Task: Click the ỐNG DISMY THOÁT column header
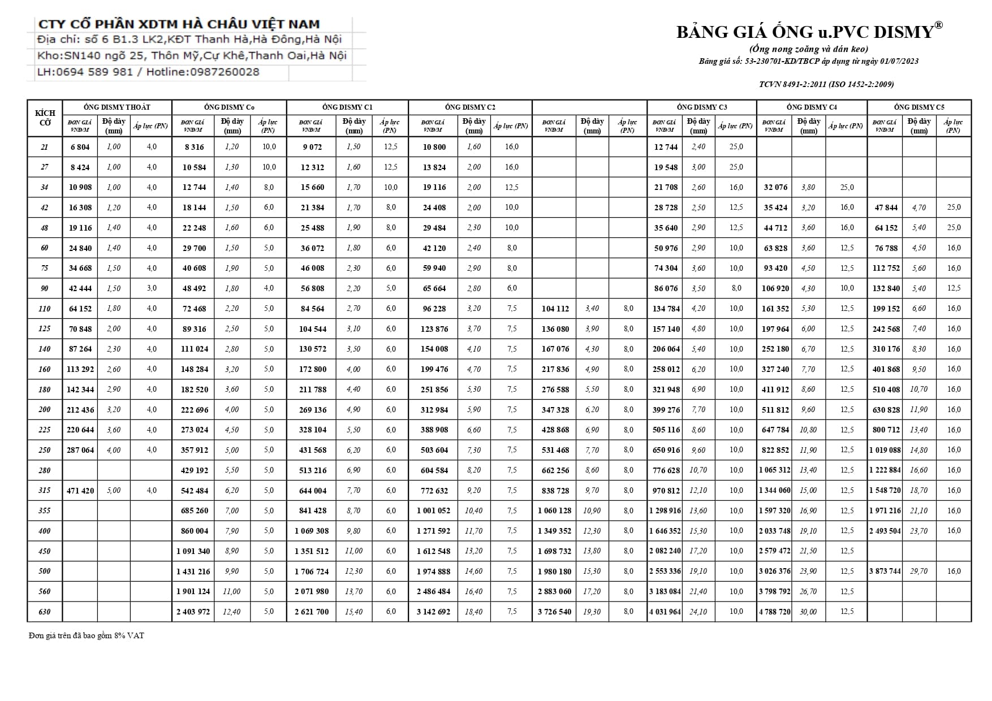tap(117, 107)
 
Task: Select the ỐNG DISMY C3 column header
tap(702, 107)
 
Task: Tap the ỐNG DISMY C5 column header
tap(919, 107)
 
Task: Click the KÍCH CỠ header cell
tap(45, 118)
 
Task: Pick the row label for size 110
tap(45, 309)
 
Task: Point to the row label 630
tap(45, 612)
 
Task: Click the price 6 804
tap(80, 147)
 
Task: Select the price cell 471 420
tap(80, 491)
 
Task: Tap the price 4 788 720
tap(775, 612)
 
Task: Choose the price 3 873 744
tap(885, 572)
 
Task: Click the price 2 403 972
tap(193, 612)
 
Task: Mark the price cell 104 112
tap(555, 309)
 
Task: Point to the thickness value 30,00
tap(808, 612)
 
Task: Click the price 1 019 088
tap(885, 451)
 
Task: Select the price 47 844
tap(886, 207)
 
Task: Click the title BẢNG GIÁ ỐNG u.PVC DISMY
tap(809, 32)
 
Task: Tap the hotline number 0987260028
tap(225, 72)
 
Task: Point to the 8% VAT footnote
tap(87, 636)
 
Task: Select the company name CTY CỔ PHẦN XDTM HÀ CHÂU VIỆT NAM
tap(179, 24)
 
